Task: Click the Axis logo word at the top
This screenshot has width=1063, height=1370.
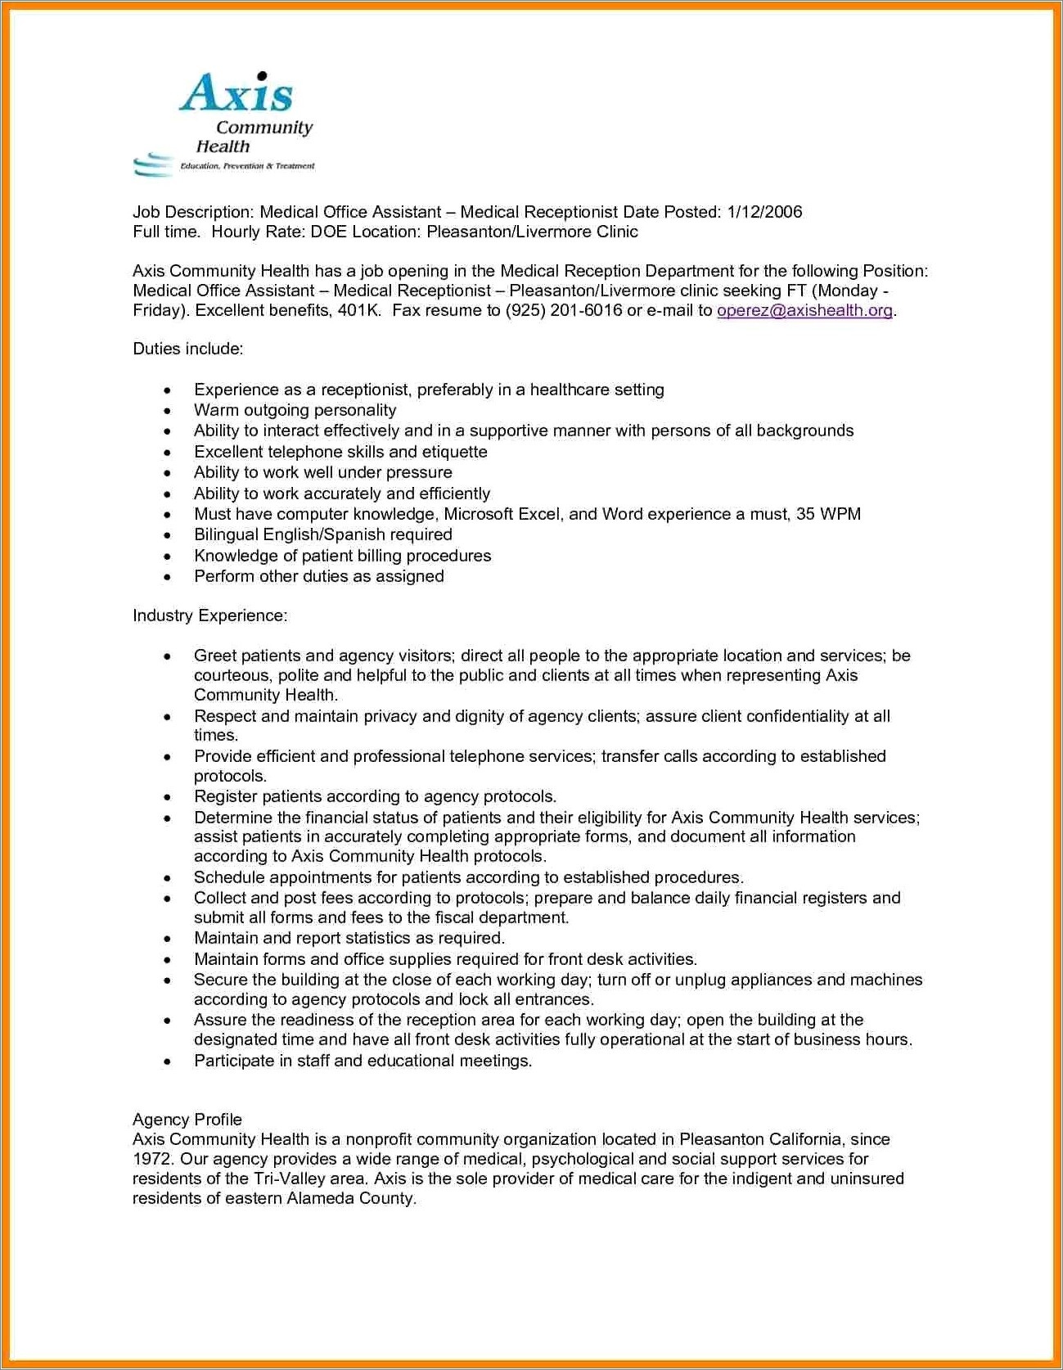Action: pos(236,92)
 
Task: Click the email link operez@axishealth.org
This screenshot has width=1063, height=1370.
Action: pos(804,310)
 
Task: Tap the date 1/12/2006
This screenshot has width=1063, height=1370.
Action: pos(764,212)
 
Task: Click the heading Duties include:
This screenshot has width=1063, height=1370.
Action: pos(188,349)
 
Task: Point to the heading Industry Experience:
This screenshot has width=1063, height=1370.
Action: pos(209,615)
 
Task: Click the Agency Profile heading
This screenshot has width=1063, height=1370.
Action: pos(187,1120)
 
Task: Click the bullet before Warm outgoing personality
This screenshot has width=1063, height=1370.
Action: pos(168,411)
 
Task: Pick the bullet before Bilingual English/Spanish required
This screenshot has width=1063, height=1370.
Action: pos(168,535)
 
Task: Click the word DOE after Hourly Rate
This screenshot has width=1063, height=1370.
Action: pos(328,232)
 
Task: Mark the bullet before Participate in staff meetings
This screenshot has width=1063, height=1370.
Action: pos(168,1061)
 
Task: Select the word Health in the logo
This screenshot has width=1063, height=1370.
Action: pos(223,146)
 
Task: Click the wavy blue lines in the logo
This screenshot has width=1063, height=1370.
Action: pos(153,164)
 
